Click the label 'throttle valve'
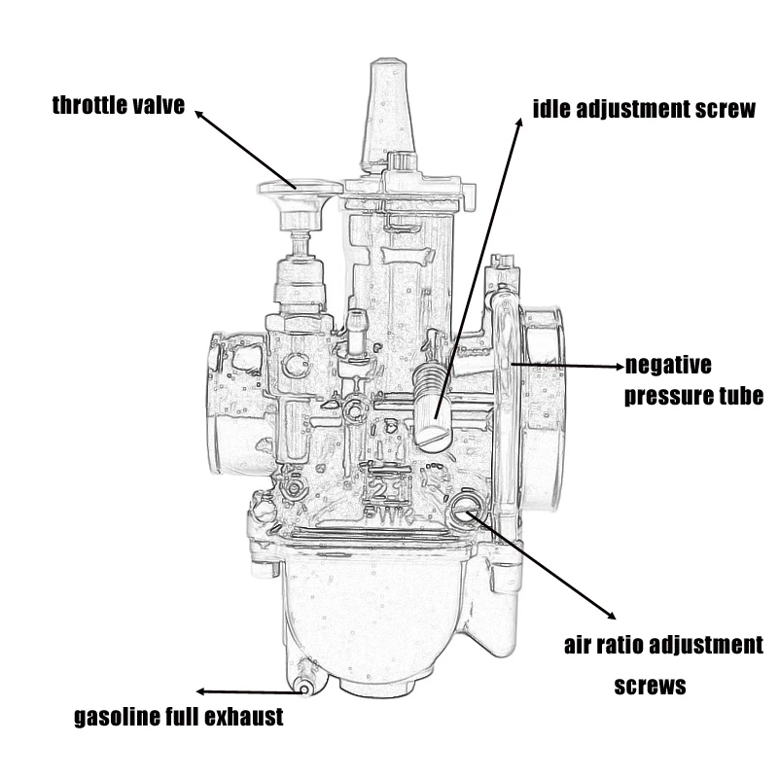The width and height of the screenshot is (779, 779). coord(118,106)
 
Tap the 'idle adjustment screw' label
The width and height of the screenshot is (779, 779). coord(644,108)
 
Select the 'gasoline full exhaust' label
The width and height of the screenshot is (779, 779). coord(179,718)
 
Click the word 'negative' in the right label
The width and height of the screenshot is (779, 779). coord(668,366)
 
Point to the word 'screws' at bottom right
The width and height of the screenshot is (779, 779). coord(651,686)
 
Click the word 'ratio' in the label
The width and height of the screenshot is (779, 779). coord(627,645)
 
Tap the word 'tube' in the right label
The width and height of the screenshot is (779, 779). coord(737,397)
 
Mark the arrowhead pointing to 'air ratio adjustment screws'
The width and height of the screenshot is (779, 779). coord(612,616)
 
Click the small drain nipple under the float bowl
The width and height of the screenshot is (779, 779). coord(304,685)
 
